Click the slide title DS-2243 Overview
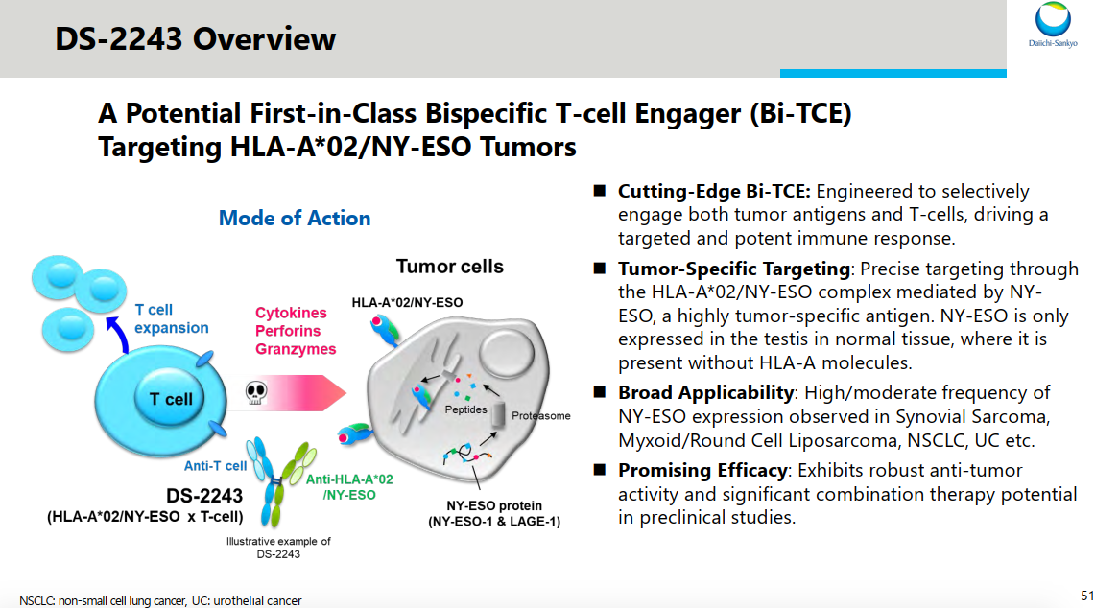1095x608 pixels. pos(196,39)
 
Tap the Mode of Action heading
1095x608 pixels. pos(295,219)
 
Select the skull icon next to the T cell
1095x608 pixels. pos(255,393)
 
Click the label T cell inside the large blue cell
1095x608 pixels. pos(171,399)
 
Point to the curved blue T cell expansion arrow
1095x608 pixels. pos(113,335)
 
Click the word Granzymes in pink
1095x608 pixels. pos(296,349)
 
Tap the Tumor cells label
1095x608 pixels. pos(450,267)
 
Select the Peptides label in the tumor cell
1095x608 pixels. pos(465,409)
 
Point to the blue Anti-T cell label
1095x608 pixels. pos(215,466)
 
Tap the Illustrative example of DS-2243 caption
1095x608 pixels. pos(278,548)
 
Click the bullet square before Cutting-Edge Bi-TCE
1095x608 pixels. pos(599,191)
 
